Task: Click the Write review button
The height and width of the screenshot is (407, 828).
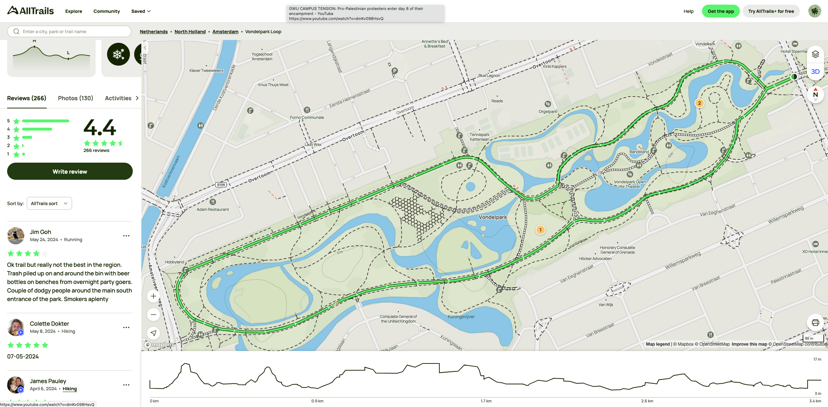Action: (70, 172)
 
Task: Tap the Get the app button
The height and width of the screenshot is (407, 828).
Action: (721, 11)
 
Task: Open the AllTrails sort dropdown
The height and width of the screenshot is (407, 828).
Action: (49, 203)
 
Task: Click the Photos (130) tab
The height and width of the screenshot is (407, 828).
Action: (75, 98)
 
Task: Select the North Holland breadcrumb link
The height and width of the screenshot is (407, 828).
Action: (190, 32)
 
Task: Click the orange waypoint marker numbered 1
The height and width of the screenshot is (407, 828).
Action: (540, 230)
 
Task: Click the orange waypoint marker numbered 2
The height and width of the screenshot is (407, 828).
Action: (699, 103)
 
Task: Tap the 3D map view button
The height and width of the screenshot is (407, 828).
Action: (815, 72)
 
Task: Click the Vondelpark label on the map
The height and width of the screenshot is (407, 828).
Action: (493, 217)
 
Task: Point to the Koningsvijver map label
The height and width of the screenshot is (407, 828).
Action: (461, 317)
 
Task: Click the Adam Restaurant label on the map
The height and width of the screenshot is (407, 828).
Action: (213, 209)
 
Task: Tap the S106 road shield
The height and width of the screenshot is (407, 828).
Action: (221, 185)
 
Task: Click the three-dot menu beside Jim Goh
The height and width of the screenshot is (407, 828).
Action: (126, 236)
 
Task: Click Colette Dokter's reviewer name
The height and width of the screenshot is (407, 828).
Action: (49, 324)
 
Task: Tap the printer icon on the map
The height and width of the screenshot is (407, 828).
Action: (815, 322)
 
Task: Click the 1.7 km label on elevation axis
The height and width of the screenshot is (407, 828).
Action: (486, 401)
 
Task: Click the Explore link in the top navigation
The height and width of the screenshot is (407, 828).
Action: (74, 11)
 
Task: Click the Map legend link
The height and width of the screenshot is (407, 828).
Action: (658, 344)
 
